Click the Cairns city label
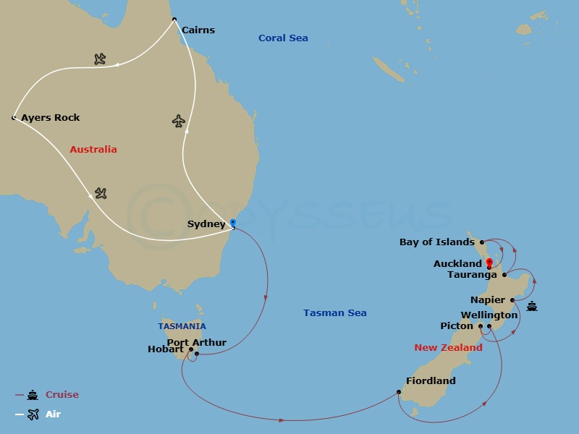pyautogui.click(x=198, y=30)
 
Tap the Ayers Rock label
pyautogui.click(x=51, y=117)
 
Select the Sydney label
pyautogui.click(x=206, y=224)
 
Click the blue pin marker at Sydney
pyautogui.click(x=232, y=224)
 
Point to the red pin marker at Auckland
pyautogui.click(x=489, y=263)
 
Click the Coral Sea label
pyautogui.click(x=283, y=38)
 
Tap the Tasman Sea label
pyautogui.click(x=334, y=313)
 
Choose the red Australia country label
pyautogui.click(x=93, y=150)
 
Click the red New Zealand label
pyautogui.click(x=448, y=348)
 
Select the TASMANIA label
pyautogui.click(x=182, y=326)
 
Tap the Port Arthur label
pyautogui.click(x=197, y=342)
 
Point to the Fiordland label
pyautogui.click(x=430, y=381)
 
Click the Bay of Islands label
pyautogui.click(x=437, y=242)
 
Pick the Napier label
pyautogui.click(x=488, y=300)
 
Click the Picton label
pyautogui.click(x=457, y=326)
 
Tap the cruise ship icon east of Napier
pyautogui.click(x=533, y=306)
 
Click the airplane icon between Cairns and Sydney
pyautogui.click(x=179, y=121)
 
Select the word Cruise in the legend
pyautogui.click(x=62, y=395)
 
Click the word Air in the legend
pyautogui.click(x=54, y=414)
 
